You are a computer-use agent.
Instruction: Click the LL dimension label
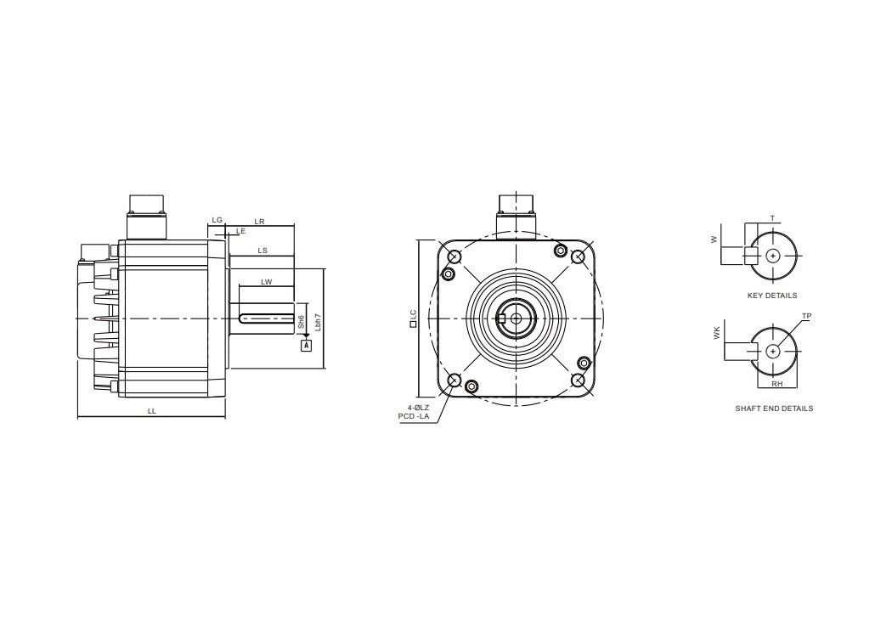pos(151,410)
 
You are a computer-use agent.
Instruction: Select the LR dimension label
pos(260,222)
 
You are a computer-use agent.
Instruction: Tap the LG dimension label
pos(217,220)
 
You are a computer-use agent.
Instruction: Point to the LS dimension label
pos(263,251)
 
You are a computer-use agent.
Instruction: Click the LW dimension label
pos(266,281)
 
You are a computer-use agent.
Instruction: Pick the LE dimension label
pos(241,231)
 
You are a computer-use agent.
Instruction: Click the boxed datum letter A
pos(307,345)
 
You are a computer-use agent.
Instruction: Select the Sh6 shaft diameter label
pos(302,322)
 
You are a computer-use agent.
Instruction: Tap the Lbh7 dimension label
pos(318,321)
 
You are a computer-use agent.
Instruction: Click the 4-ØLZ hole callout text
pos(419,408)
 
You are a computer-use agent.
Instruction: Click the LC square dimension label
pos(413,318)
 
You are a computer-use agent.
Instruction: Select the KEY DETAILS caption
pos(771,296)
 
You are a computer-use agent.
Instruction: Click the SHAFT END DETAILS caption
pos(774,409)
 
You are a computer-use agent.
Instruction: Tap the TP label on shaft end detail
pos(806,316)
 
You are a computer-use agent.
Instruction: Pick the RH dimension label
pos(776,384)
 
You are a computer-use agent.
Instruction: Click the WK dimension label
pos(717,334)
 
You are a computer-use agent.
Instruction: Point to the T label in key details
pos(772,218)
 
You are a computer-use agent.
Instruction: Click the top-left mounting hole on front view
pos(454,257)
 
